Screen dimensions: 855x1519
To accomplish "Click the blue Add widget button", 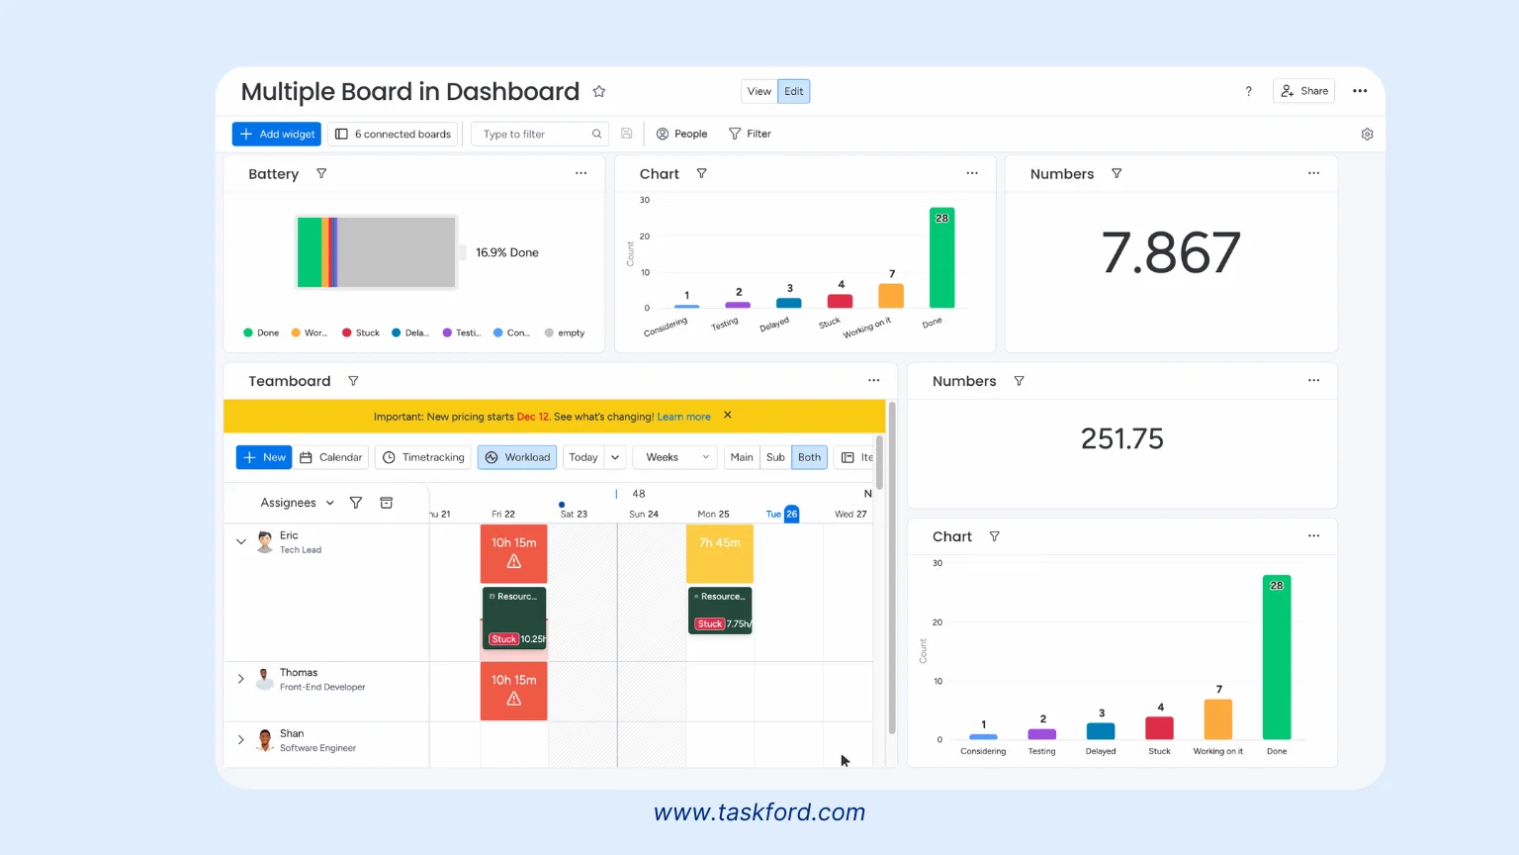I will coord(277,134).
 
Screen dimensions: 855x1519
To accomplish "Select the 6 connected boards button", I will coord(394,134).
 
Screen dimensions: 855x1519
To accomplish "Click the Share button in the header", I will coord(1304,91).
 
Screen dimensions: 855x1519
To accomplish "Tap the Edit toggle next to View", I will coord(794,91).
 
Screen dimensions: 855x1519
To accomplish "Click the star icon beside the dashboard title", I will coord(599,92).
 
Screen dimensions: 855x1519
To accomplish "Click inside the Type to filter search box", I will coord(534,134).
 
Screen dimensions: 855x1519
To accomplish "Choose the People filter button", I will coord(682,134).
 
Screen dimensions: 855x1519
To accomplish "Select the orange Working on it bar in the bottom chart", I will coord(1218,719).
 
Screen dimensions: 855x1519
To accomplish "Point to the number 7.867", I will coord(1171,253).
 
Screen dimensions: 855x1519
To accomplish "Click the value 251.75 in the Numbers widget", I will coord(1122,438).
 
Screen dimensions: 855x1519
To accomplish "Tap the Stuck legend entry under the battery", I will coord(361,332).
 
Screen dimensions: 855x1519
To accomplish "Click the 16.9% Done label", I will coord(507,252).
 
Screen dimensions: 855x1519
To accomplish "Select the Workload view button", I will coord(517,457).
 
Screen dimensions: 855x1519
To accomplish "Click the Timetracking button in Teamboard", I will coord(423,457).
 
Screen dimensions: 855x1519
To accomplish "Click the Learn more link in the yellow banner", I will coord(683,417).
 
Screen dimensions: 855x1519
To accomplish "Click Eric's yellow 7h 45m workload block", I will coord(720,553).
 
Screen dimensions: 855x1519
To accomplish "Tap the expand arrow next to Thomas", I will coord(240,679).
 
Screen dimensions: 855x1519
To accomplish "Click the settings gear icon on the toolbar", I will coord(1367,135).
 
